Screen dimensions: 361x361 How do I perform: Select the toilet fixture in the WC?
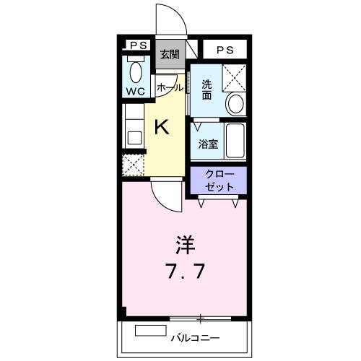click(135, 72)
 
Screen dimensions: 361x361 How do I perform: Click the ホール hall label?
click(169, 87)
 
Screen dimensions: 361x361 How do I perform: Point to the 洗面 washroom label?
click(206, 88)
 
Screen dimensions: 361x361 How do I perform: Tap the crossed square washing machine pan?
click(234, 77)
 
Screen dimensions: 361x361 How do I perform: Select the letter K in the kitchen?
click(162, 128)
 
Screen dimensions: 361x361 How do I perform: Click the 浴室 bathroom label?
click(208, 143)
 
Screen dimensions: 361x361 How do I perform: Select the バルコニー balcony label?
click(195, 337)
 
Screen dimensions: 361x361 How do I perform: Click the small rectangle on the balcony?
click(149, 331)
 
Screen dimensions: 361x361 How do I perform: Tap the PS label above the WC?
click(136, 45)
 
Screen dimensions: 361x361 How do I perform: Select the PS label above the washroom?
click(225, 50)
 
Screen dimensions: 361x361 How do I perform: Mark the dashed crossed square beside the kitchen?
click(133, 165)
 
